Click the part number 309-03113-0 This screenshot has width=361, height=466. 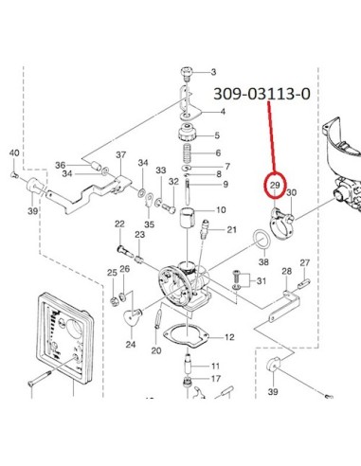pyautogui.click(x=262, y=94)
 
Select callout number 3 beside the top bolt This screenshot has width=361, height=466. pyautogui.click(x=214, y=72)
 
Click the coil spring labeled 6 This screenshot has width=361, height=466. pyautogui.click(x=188, y=153)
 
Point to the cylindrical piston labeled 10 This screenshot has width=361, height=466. pyautogui.click(x=188, y=217)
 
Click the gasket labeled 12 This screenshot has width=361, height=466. pyautogui.click(x=186, y=337)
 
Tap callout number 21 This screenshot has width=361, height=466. pyautogui.click(x=231, y=229)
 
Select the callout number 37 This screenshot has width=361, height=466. pyautogui.click(x=121, y=155)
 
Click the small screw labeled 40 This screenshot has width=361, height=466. pyautogui.click(x=14, y=174)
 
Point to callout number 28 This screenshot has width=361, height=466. pyautogui.click(x=287, y=271)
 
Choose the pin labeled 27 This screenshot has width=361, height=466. pyautogui.click(x=304, y=282)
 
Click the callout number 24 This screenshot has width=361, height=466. pyautogui.click(x=131, y=344)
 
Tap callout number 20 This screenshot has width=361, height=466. pyautogui.click(x=156, y=350)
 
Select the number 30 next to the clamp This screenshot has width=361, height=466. pyautogui.click(x=291, y=192)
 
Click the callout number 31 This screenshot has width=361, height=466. pyautogui.click(x=262, y=280)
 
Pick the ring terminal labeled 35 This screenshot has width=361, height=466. pyautogui.click(x=149, y=200)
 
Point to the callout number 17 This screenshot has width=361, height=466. pyautogui.click(x=216, y=378)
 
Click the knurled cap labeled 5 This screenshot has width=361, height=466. pyautogui.click(x=188, y=133)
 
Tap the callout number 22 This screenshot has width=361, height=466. pyautogui.click(x=119, y=224)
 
